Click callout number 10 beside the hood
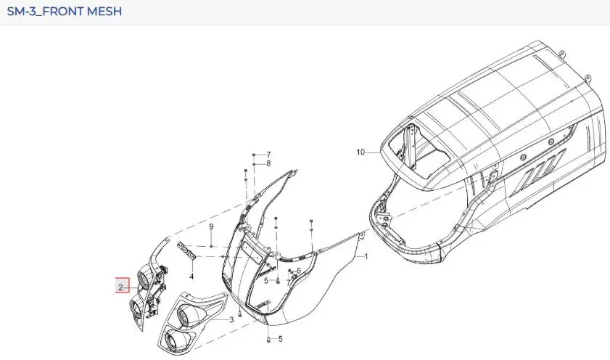[360, 152]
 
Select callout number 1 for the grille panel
[366, 256]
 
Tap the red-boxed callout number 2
[120, 287]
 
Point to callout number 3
[231, 319]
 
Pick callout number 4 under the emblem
[191, 277]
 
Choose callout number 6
[299, 271]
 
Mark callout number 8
[268, 164]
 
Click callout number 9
[211, 226]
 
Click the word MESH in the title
[104, 12]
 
